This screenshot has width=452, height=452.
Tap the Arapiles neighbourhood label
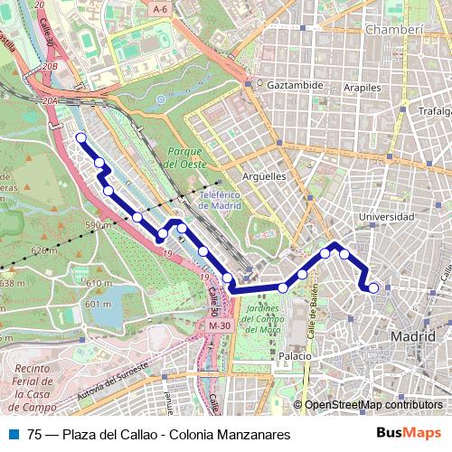pyautogui.click(x=362, y=88)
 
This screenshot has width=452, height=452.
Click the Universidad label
pyautogui.click(x=386, y=217)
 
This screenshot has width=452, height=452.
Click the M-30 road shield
pyautogui.click(x=219, y=325)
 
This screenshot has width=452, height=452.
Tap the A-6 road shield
pyautogui.click(x=161, y=9)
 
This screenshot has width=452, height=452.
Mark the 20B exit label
pyautogui.click(x=49, y=66)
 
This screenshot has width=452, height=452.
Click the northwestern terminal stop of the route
pyautogui.click(x=80, y=137)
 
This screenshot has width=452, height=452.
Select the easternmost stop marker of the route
pyautogui.click(x=373, y=288)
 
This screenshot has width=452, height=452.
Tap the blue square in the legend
pyautogui.click(x=14, y=434)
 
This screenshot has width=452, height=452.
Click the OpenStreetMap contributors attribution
pyautogui.click(x=373, y=405)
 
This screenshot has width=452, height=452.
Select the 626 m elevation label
pyautogui.click(x=42, y=250)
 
